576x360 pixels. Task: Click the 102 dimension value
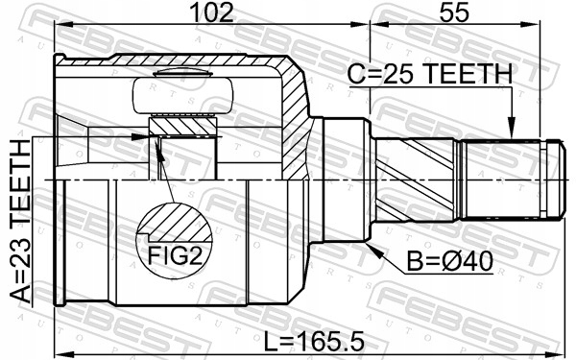(x=213, y=12)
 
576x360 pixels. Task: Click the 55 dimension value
(x=454, y=12)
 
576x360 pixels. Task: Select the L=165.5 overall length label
(x=314, y=341)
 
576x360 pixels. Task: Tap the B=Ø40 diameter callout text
(x=450, y=261)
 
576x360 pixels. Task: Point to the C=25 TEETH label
(x=430, y=74)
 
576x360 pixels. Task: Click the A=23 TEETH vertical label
(x=20, y=222)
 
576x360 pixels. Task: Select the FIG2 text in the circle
(x=175, y=255)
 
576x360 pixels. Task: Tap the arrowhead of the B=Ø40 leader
(x=374, y=251)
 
